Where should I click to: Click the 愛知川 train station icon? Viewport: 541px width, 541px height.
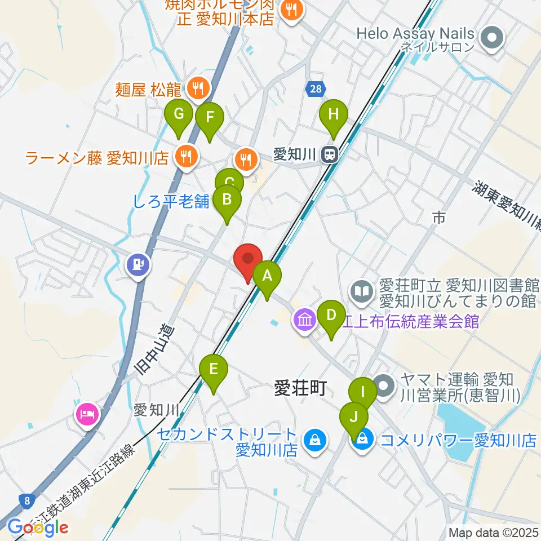329,154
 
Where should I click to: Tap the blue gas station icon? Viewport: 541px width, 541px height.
138,264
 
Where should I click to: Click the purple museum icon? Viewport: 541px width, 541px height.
305,321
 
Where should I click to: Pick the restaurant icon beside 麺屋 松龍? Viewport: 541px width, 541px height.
198,88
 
